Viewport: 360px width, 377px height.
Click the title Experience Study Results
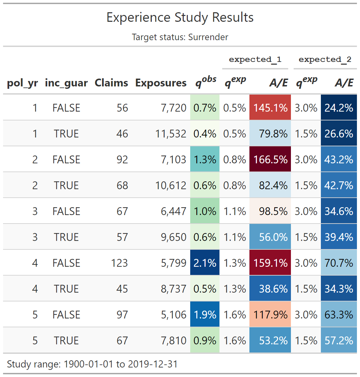point(180,17)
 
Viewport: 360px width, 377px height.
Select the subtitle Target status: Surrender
point(180,37)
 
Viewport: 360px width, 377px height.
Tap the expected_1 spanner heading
point(255,60)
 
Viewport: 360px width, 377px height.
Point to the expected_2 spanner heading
point(325,60)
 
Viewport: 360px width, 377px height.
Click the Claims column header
point(111,83)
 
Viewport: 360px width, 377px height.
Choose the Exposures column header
point(161,83)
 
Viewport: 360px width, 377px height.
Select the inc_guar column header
point(66,83)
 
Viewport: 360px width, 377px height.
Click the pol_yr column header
point(22,83)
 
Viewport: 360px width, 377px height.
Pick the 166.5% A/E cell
point(270,160)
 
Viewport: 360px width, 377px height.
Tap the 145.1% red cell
point(270,108)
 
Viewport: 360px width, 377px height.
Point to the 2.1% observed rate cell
point(205,263)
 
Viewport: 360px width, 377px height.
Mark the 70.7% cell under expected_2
point(339,263)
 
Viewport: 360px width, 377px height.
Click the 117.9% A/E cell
point(270,315)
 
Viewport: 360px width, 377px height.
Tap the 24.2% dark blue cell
point(339,108)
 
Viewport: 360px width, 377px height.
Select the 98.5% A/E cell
point(270,211)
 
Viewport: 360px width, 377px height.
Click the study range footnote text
point(92,364)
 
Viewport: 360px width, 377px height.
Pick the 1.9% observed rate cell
point(205,315)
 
